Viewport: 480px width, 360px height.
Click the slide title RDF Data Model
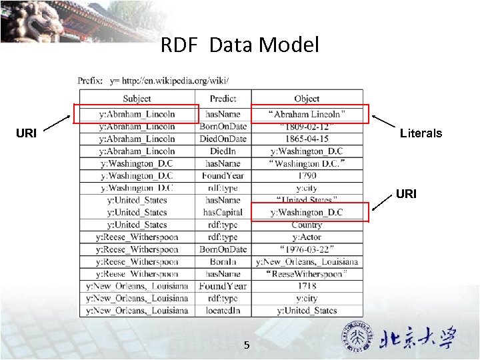point(240,45)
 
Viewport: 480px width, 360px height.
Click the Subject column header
point(137,99)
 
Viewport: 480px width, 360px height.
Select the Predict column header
point(223,99)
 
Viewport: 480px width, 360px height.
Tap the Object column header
point(307,99)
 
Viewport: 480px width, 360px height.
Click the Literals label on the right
point(421,133)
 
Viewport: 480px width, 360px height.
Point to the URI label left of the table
point(26,133)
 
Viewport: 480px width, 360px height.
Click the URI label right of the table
point(406,194)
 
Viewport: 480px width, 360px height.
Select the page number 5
point(247,345)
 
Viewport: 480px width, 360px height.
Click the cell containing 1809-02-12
point(307,127)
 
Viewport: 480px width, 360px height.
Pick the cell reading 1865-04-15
point(307,139)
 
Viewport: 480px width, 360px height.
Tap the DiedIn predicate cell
point(223,151)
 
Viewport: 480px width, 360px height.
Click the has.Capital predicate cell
point(223,213)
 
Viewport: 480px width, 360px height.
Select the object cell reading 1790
point(307,176)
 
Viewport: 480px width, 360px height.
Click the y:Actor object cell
point(307,237)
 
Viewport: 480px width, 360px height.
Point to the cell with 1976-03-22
point(307,249)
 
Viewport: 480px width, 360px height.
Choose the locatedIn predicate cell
point(223,311)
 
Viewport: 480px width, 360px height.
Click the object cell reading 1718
point(307,286)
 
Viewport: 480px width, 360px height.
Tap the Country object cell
point(307,225)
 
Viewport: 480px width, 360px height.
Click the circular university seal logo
point(357,337)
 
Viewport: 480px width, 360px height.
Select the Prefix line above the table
point(153,81)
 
